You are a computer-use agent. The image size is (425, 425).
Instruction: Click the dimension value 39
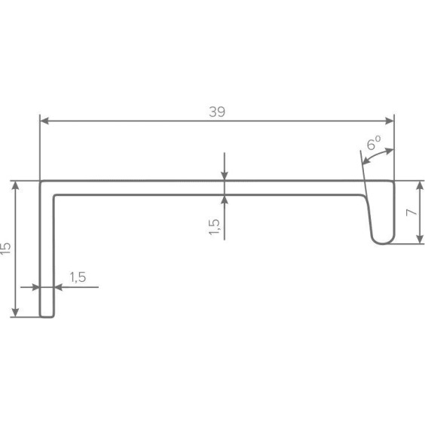click(x=217, y=112)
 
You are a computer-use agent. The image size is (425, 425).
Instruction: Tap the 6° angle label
click(x=374, y=142)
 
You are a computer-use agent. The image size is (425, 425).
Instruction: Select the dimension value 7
click(x=411, y=212)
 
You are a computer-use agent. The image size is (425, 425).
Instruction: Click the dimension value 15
click(x=6, y=248)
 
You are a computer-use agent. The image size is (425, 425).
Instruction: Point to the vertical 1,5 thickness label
click(x=214, y=227)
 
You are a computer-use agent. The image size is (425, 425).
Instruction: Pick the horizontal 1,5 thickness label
click(x=78, y=277)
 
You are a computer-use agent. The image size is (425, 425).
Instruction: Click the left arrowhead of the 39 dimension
click(x=44, y=121)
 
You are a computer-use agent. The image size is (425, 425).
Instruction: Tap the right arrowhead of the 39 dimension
click(x=390, y=121)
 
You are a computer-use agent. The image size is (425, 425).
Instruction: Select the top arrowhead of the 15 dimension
click(x=16, y=185)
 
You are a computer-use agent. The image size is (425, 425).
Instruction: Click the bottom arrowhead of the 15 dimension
click(x=16, y=312)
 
